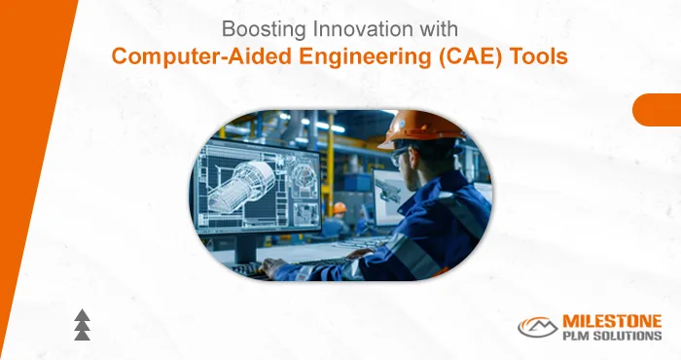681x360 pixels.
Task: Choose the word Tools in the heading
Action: (x=533, y=55)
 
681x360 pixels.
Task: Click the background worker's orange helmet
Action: (x=338, y=207)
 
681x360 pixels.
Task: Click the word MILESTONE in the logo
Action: (x=612, y=320)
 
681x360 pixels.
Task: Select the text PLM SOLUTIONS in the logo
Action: (x=612, y=336)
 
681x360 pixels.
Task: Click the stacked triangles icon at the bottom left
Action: (x=83, y=326)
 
